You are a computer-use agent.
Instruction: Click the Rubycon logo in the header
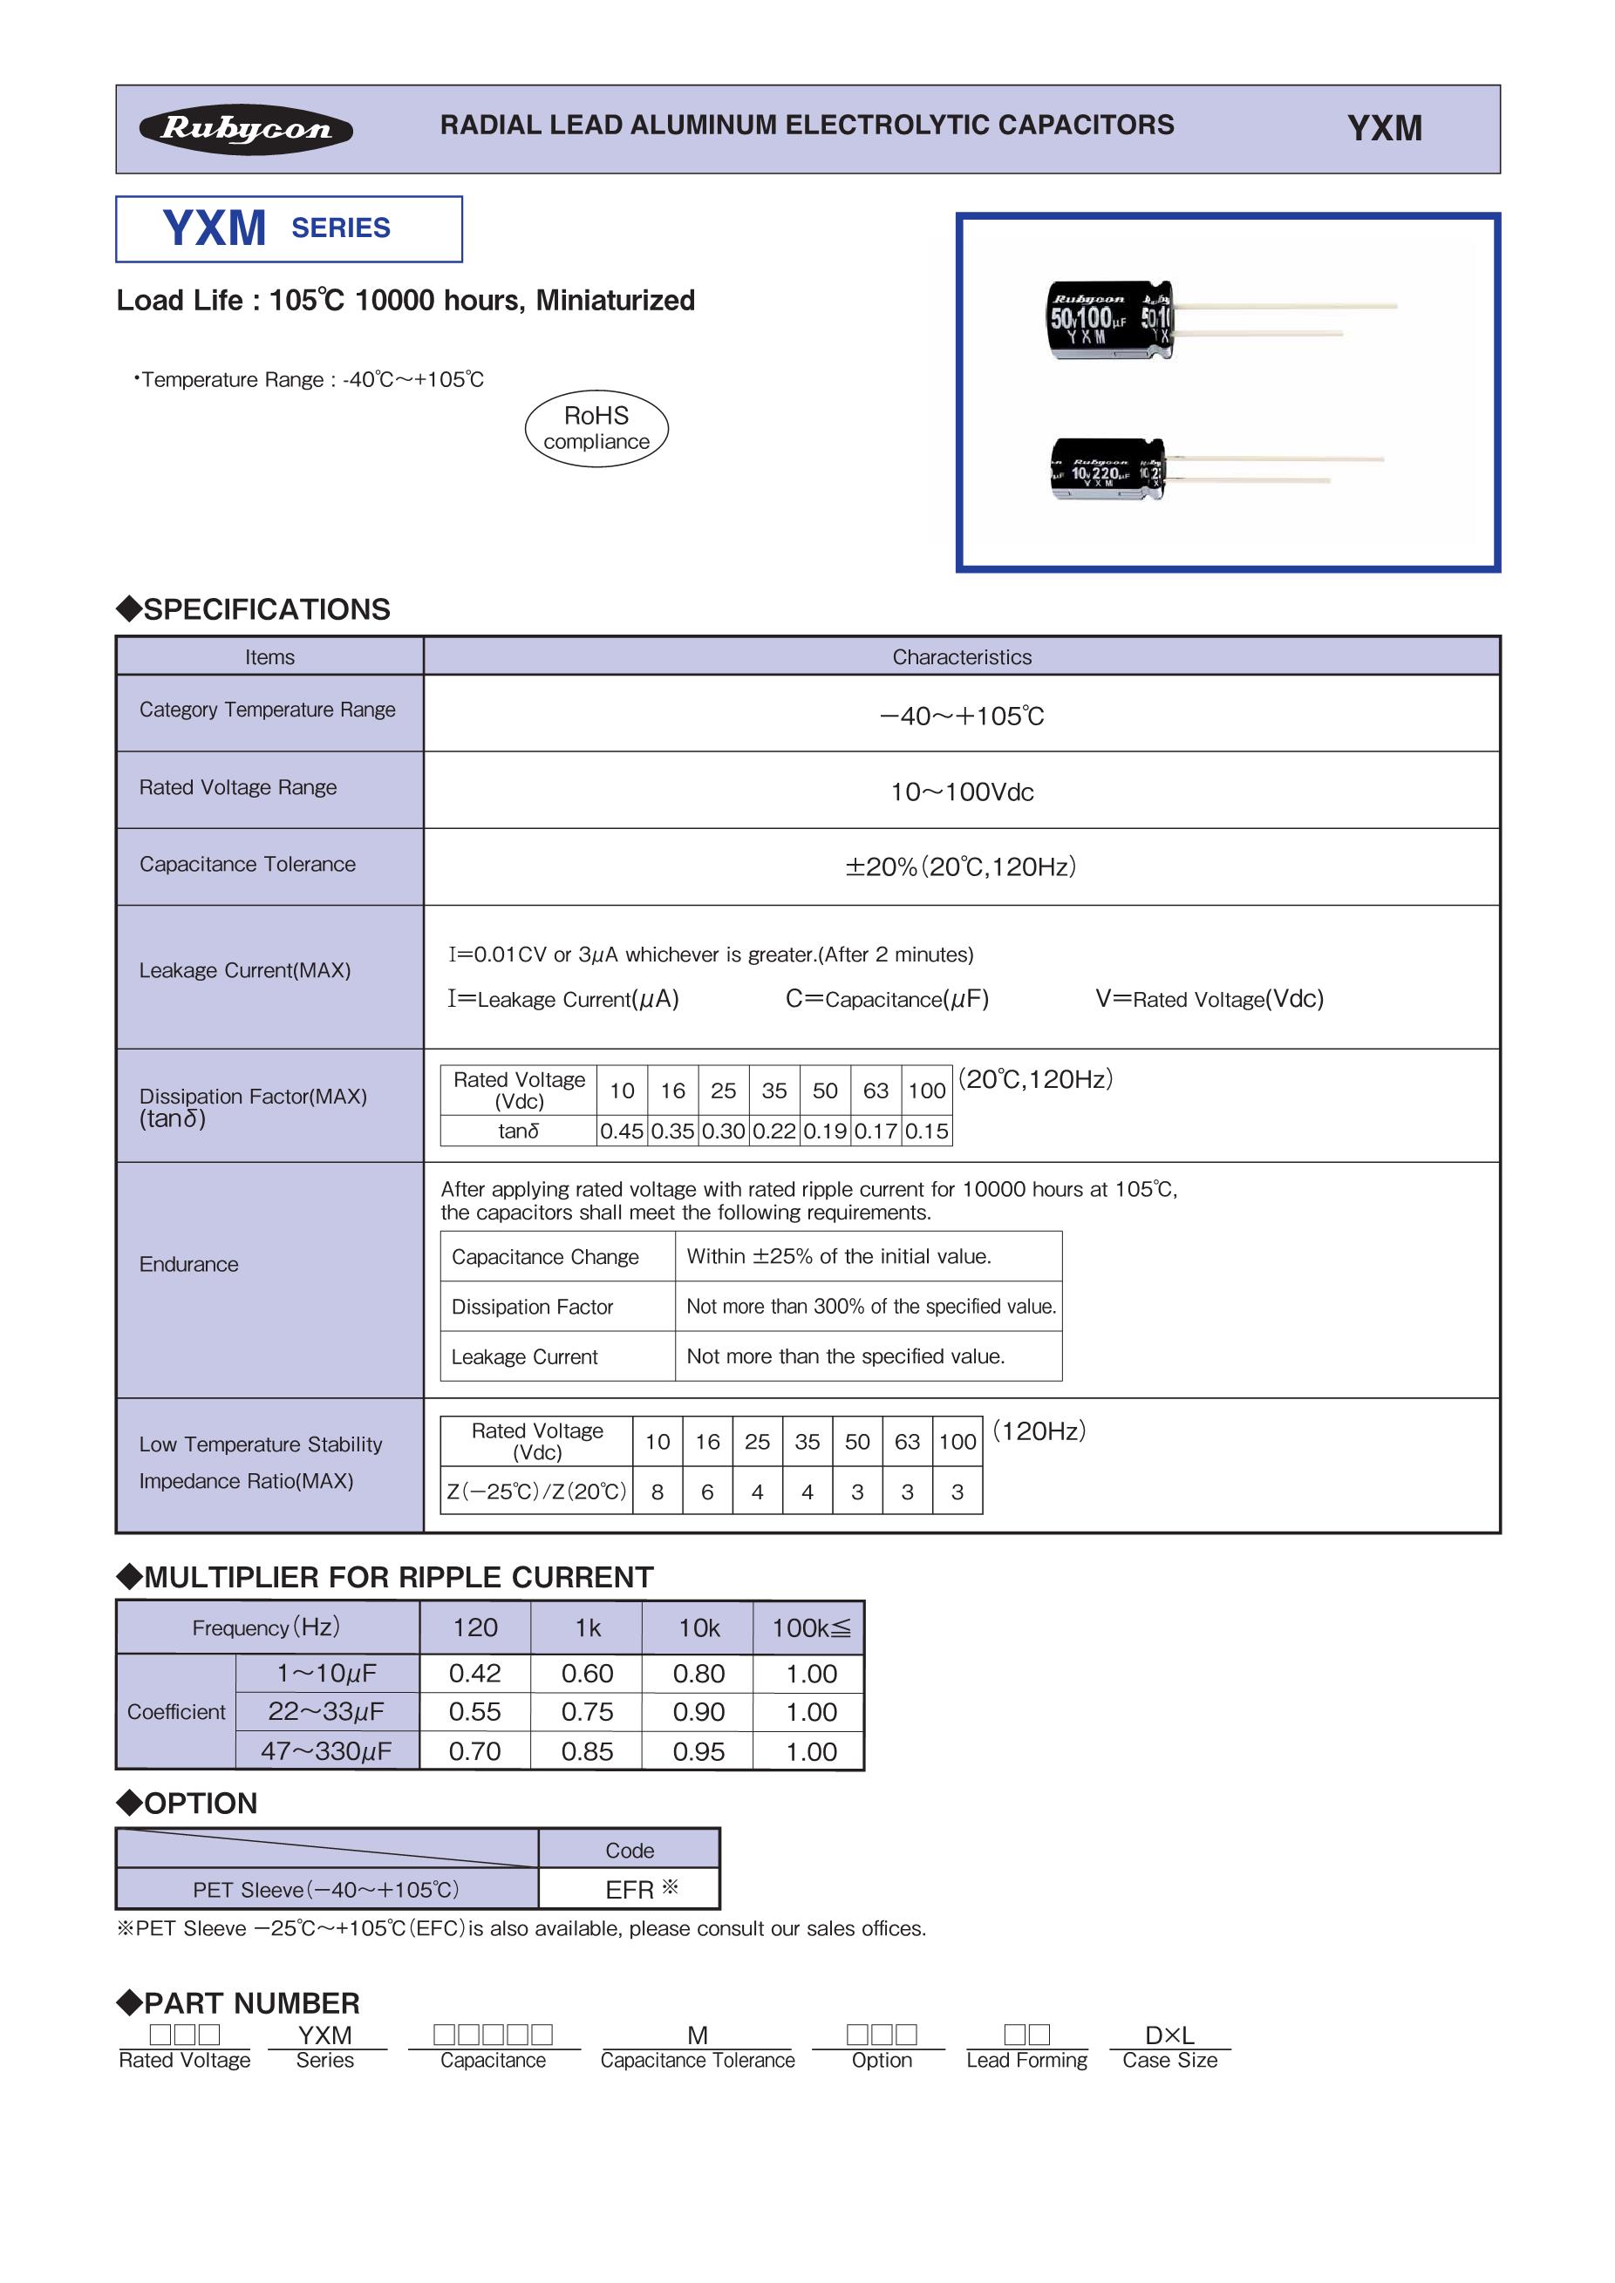[246, 129]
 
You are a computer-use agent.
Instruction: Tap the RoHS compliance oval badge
[596, 429]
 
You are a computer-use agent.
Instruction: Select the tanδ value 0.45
[622, 1131]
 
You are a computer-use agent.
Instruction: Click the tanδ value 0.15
[927, 1131]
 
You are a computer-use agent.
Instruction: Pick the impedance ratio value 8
[658, 1491]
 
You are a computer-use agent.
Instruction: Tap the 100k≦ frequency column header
[810, 1627]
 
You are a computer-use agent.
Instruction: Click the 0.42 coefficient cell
[474, 1674]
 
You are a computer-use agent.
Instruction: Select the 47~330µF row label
[326, 1751]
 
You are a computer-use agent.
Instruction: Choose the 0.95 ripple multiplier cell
[698, 1751]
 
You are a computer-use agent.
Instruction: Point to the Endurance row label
[189, 1264]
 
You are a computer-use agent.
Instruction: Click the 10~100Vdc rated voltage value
[962, 792]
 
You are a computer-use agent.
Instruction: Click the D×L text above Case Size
[1169, 2035]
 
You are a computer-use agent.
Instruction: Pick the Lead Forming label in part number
[1026, 2060]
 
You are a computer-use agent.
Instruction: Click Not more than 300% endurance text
[871, 1307]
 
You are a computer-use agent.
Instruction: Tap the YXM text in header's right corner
[1384, 128]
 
